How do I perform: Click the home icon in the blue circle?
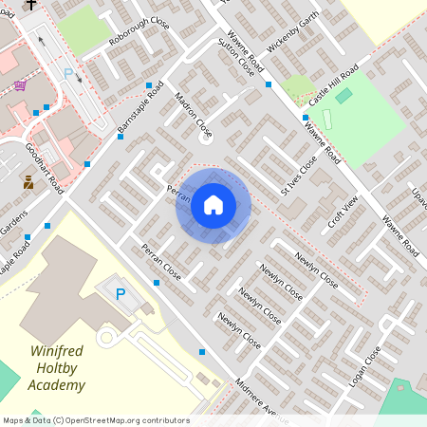pos(213,204)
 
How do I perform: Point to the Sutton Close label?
pos(235,56)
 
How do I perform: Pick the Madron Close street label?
pos(194,112)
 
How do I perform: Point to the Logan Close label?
pos(368,366)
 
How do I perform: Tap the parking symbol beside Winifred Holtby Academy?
pos(121,295)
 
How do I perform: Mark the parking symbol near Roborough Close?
pos(68,73)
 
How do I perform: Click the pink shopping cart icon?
pos(20,85)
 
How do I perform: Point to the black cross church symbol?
pos(30,5)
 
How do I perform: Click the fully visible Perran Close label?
pos(160,262)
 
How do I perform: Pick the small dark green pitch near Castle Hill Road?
pos(343,96)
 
